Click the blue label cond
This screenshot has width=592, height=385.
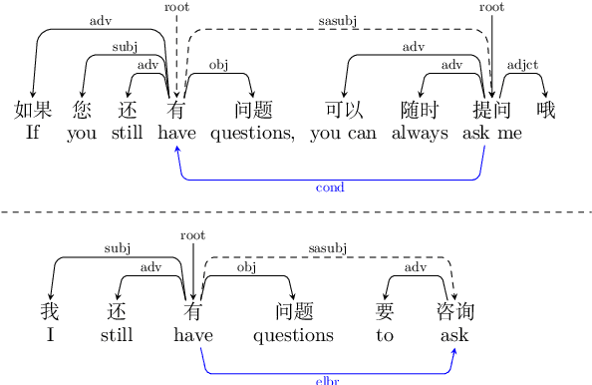[330, 188]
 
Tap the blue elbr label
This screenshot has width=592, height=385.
[328, 380]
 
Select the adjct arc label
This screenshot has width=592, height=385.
[522, 65]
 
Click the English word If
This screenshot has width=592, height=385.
[32, 134]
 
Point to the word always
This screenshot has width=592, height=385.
[420, 134]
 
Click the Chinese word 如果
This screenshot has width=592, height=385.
[33, 110]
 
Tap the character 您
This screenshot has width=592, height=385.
[82, 110]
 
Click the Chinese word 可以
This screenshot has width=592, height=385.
[343, 110]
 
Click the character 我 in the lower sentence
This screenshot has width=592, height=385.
[50, 311]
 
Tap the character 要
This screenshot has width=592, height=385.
[386, 311]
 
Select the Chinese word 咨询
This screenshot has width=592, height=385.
[454, 311]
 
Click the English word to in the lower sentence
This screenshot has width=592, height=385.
[386, 335]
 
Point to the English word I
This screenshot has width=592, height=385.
[50, 335]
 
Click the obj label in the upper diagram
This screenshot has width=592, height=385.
[218, 65]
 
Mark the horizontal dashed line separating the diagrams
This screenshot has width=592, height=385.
[296, 212]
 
